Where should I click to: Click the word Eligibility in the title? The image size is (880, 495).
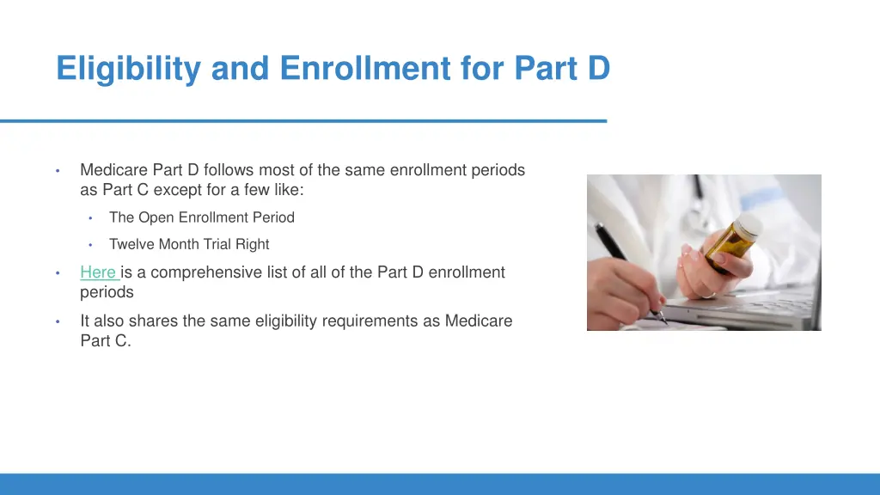coord(130,69)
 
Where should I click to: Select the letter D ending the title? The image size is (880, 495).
coord(598,69)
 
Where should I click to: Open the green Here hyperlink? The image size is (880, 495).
coord(98,272)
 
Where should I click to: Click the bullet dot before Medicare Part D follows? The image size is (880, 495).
coord(57,170)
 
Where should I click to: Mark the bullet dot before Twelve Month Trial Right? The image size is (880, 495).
coord(89,244)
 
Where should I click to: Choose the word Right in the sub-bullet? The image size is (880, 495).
coord(252,244)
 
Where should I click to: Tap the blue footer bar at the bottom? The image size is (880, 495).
coord(440,484)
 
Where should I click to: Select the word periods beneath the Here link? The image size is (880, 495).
coord(107,292)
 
